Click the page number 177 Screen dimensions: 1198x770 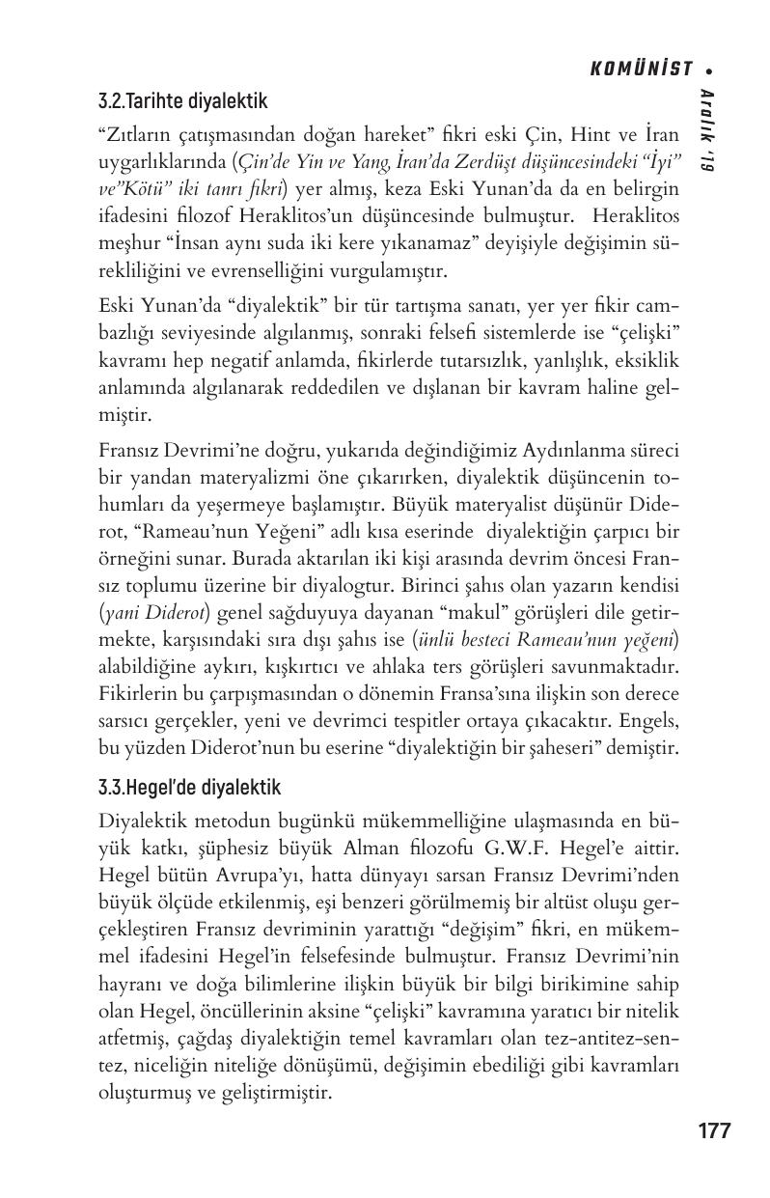pos(713,1130)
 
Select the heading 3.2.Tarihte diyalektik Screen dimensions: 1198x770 pos(182,100)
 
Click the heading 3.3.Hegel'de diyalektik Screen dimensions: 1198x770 pos(189,788)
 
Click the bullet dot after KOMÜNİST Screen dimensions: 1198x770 pos(708,70)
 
